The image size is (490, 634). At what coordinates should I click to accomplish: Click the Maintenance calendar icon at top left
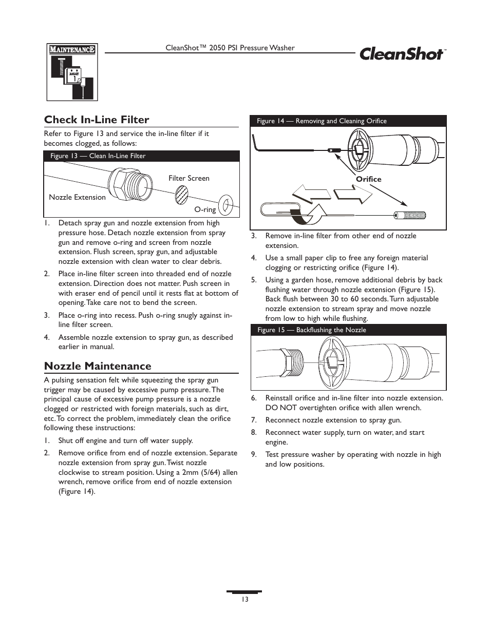[x=72, y=72]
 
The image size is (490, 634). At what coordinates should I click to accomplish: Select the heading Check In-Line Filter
[x=97, y=120]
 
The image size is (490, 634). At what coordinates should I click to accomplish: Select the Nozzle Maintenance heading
[x=98, y=366]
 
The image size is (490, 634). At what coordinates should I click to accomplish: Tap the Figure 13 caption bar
[x=141, y=156]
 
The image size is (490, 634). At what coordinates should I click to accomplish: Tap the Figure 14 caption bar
[x=348, y=121]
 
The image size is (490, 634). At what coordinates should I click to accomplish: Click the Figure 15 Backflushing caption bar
[x=348, y=330]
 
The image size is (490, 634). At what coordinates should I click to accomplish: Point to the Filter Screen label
[x=189, y=178]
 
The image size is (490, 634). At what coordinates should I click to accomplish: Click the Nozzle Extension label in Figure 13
[x=77, y=197]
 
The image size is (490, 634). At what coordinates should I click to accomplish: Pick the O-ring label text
[x=205, y=209]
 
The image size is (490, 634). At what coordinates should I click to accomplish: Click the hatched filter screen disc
[x=182, y=195]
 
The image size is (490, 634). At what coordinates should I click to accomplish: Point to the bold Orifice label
[x=369, y=179]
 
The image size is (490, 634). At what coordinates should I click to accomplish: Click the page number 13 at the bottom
[x=245, y=600]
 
